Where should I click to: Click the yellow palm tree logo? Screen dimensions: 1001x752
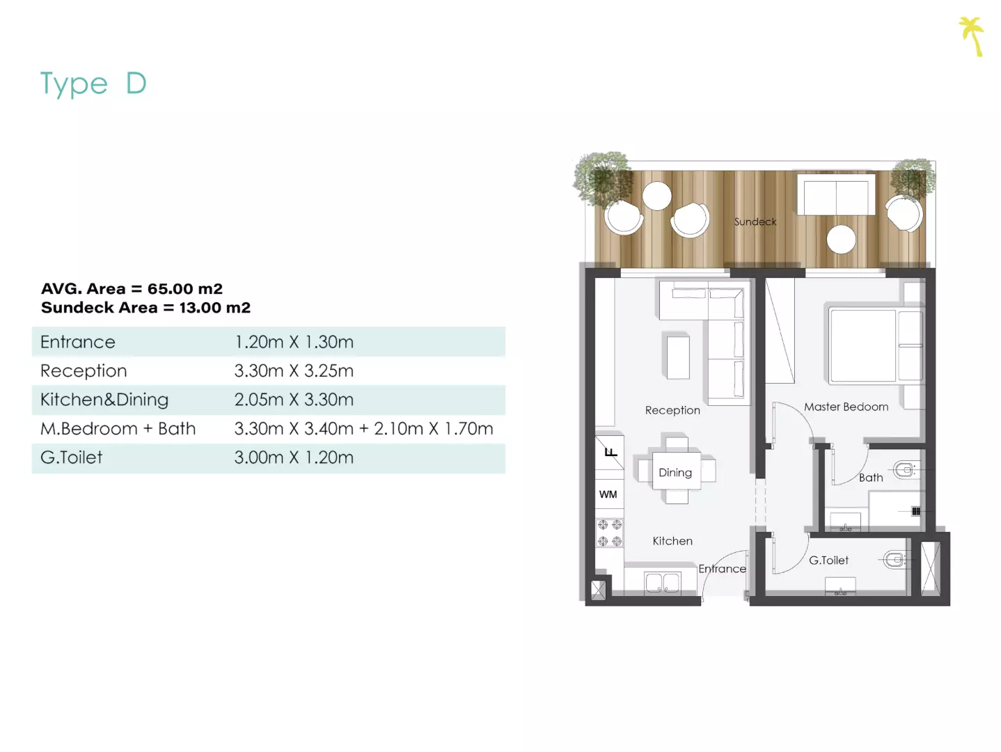click(x=972, y=36)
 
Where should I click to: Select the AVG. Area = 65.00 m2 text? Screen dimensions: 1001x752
click(x=132, y=289)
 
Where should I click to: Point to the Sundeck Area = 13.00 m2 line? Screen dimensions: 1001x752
click(x=146, y=308)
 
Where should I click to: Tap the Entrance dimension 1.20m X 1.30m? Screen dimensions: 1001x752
click(x=294, y=342)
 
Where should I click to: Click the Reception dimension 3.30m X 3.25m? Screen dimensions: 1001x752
click(x=294, y=370)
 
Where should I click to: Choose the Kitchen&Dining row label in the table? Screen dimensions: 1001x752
click(x=104, y=400)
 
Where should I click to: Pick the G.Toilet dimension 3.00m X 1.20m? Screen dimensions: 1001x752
click(x=294, y=457)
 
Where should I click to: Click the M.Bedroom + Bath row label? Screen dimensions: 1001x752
click(x=118, y=429)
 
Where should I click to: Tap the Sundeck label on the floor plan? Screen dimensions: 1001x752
click(x=755, y=221)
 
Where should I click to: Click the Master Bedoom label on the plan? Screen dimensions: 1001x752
click(x=846, y=407)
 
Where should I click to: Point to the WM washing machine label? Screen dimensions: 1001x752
click(x=608, y=494)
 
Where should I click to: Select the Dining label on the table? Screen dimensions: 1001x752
click(x=675, y=473)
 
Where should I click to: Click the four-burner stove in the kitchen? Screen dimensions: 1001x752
click(x=610, y=533)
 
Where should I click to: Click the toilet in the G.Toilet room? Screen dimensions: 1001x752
click(x=894, y=560)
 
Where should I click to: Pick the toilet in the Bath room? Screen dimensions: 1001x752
click(x=904, y=470)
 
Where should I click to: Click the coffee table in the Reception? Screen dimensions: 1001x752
click(x=678, y=357)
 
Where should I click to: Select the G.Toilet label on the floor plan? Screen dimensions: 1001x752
click(x=828, y=561)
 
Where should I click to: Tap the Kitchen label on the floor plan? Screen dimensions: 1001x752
click(x=672, y=541)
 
